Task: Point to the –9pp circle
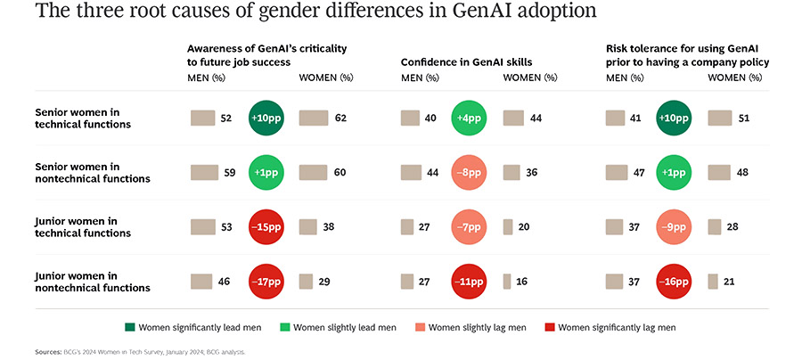click(675, 226)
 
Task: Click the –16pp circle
click(675, 282)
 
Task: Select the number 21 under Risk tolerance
click(729, 282)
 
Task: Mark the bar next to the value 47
click(616, 172)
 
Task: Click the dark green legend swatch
click(232, 328)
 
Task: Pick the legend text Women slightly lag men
click(477, 328)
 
